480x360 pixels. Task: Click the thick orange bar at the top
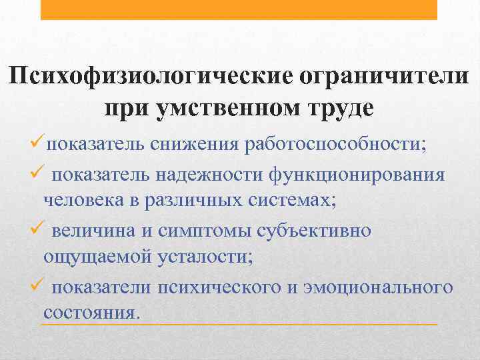point(239,9)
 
